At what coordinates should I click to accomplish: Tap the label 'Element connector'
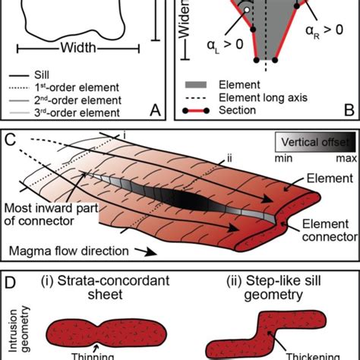coord(324,232)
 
